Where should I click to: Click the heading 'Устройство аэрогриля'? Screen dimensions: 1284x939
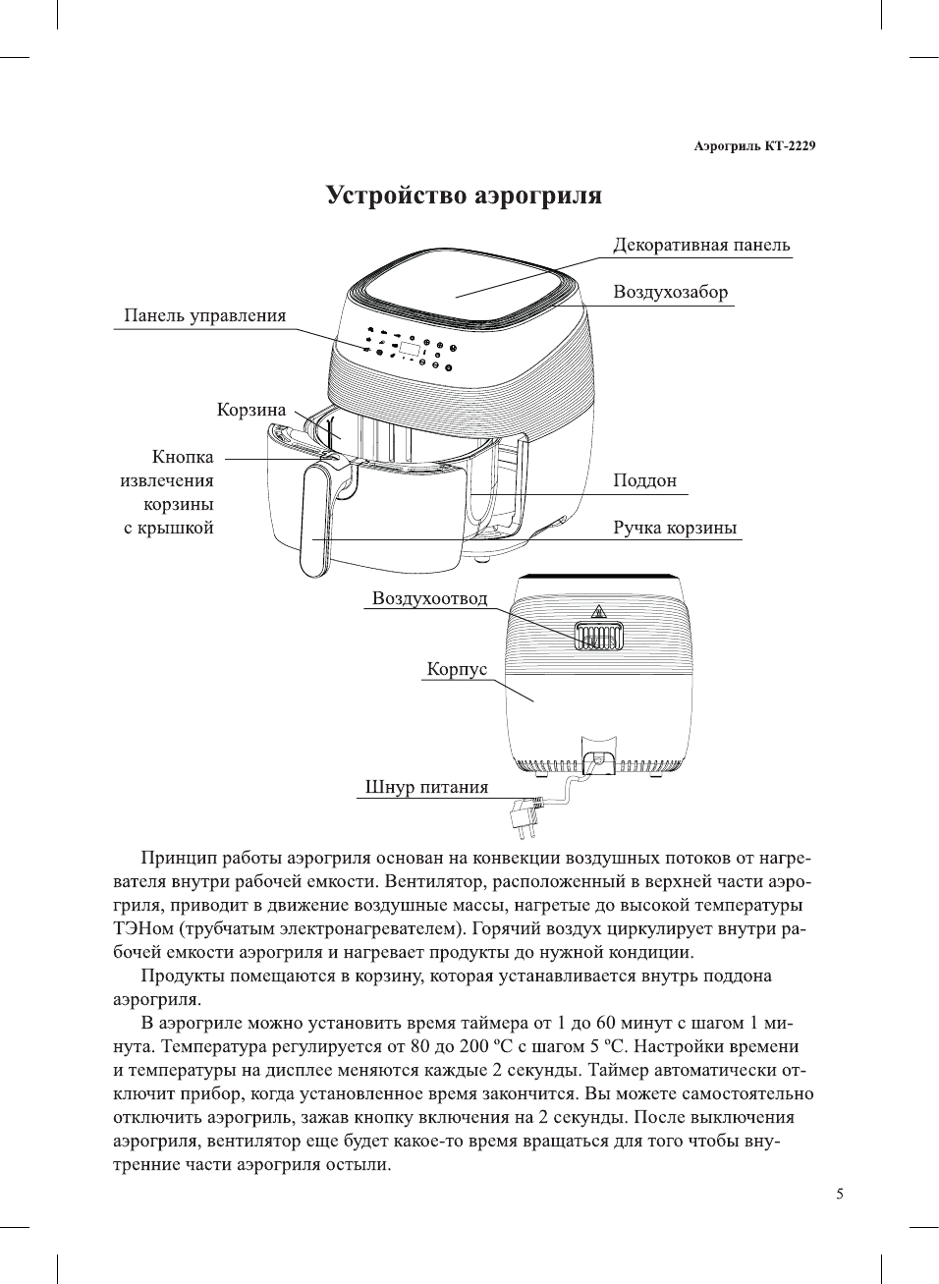click(464, 195)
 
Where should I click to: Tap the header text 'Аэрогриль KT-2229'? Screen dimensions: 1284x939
click(754, 146)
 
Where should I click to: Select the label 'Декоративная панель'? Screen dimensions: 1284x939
click(701, 246)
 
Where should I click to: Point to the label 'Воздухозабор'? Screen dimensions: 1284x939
click(671, 292)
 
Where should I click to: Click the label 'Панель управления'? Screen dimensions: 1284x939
click(204, 315)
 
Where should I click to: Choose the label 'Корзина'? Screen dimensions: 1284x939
click(251, 410)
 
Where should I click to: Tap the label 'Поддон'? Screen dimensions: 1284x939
click(644, 480)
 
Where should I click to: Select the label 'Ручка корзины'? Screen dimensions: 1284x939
click(675, 528)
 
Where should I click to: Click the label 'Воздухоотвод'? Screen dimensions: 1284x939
click(429, 598)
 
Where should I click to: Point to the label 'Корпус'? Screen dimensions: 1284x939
click(457, 669)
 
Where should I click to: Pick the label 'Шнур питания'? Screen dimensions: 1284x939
click(426, 787)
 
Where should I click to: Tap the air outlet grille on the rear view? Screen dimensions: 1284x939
click(598, 639)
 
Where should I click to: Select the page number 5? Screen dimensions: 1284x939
click(839, 1195)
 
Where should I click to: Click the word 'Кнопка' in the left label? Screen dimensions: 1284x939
click(183, 457)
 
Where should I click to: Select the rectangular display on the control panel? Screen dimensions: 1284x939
click(410, 349)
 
